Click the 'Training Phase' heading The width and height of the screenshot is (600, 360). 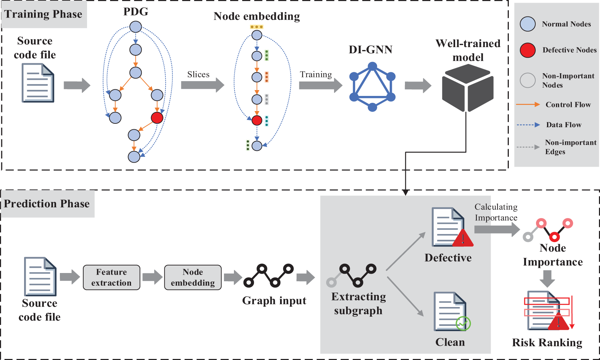pyautogui.click(x=43, y=14)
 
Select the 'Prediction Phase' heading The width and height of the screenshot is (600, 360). pyautogui.click(x=47, y=204)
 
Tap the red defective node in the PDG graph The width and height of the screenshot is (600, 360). pyautogui.click(x=157, y=118)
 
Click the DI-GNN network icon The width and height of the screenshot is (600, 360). pyautogui.click(x=372, y=87)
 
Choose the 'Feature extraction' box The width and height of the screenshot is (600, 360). pyautogui.click(x=111, y=277)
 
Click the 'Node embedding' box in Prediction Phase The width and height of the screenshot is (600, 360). pyautogui.click(x=193, y=277)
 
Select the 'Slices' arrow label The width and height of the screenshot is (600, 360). pyautogui.click(x=198, y=75)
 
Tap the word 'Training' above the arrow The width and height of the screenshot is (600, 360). pyautogui.click(x=315, y=75)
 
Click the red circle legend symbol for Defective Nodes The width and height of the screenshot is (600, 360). pyautogui.click(x=527, y=50)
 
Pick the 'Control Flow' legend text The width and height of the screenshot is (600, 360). pyautogui.click(x=568, y=105)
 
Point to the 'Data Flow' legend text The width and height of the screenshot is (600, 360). pyautogui.click(x=564, y=125)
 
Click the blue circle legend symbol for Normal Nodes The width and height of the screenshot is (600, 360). pyautogui.click(x=527, y=24)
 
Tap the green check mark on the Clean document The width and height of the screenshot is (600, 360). pyautogui.click(x=463, y=323)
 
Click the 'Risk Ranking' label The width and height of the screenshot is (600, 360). pyautogui.click(x=547, y=342)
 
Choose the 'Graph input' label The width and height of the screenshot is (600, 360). pyautogui.click(x=274, y=301)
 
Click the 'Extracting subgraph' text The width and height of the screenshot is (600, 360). pyautogui.click(x=358, y=304)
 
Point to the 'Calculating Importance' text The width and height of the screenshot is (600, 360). pyautogui.click(x=496, y=212)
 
